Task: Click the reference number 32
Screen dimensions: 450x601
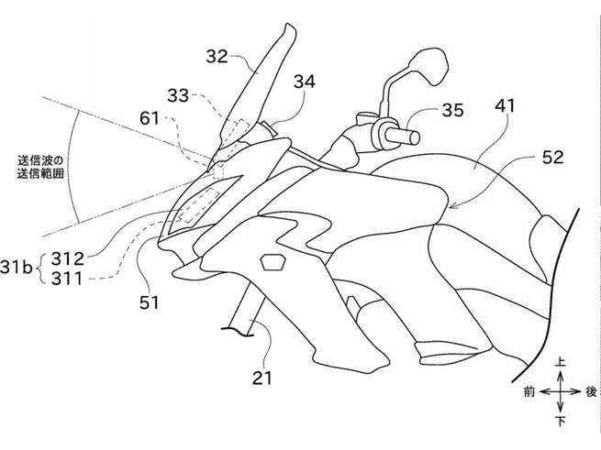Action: tap(217, 56)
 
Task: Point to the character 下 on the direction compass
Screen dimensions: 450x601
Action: tap(560, 421)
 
